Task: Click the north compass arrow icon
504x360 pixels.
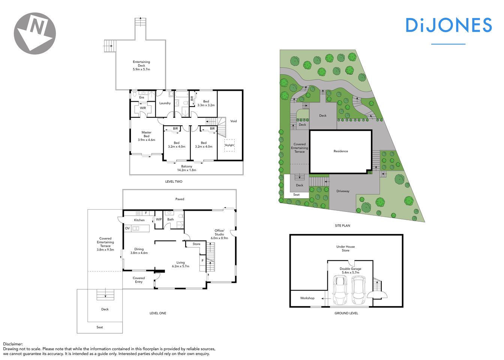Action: pyautogui.click(x=35, y=33)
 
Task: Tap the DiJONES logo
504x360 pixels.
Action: pyautogui.click(x=448, y=25)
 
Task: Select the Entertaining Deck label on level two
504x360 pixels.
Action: pyautogui.click(x=141, y=66)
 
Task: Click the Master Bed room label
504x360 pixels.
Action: pyautogui.click(x=146, y=136)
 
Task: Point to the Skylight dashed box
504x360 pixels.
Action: pyautogui.click(x=229, y=145)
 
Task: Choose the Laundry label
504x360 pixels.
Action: pyautogui.click(x=165, y=103)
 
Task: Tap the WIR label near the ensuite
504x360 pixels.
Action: pyautogui.click(x=143, y=108)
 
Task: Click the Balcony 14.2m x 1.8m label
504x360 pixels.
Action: pyautogui.click(x=186, y=168)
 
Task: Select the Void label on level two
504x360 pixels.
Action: pyautogui.click(x=234, y=121)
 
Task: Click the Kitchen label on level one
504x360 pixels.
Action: pyautogui.click(x=139, y=220)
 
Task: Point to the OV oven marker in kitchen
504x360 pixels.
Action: pyautogui.click(x=127, y=228)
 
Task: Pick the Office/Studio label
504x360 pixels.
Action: pyautogui.click(x=219, y=234)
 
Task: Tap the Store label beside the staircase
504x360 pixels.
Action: pyautogui.click(x=196, y=244)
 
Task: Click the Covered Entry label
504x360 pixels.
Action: pyautogui.click(x=139, y=280)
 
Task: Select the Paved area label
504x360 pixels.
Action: pyautogui.click(x=180, y=199)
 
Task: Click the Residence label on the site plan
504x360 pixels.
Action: pyautogui.click(x=340, y=151)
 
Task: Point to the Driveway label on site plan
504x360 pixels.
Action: pyautogui.click(x=343, y=191)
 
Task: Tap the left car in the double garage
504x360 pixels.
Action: pyautogui.click(x=340, y=290)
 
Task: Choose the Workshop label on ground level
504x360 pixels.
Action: pyautogui.click(x=307, y=298)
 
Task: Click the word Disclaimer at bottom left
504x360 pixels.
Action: pyautogui.click(x=13, y=344)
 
